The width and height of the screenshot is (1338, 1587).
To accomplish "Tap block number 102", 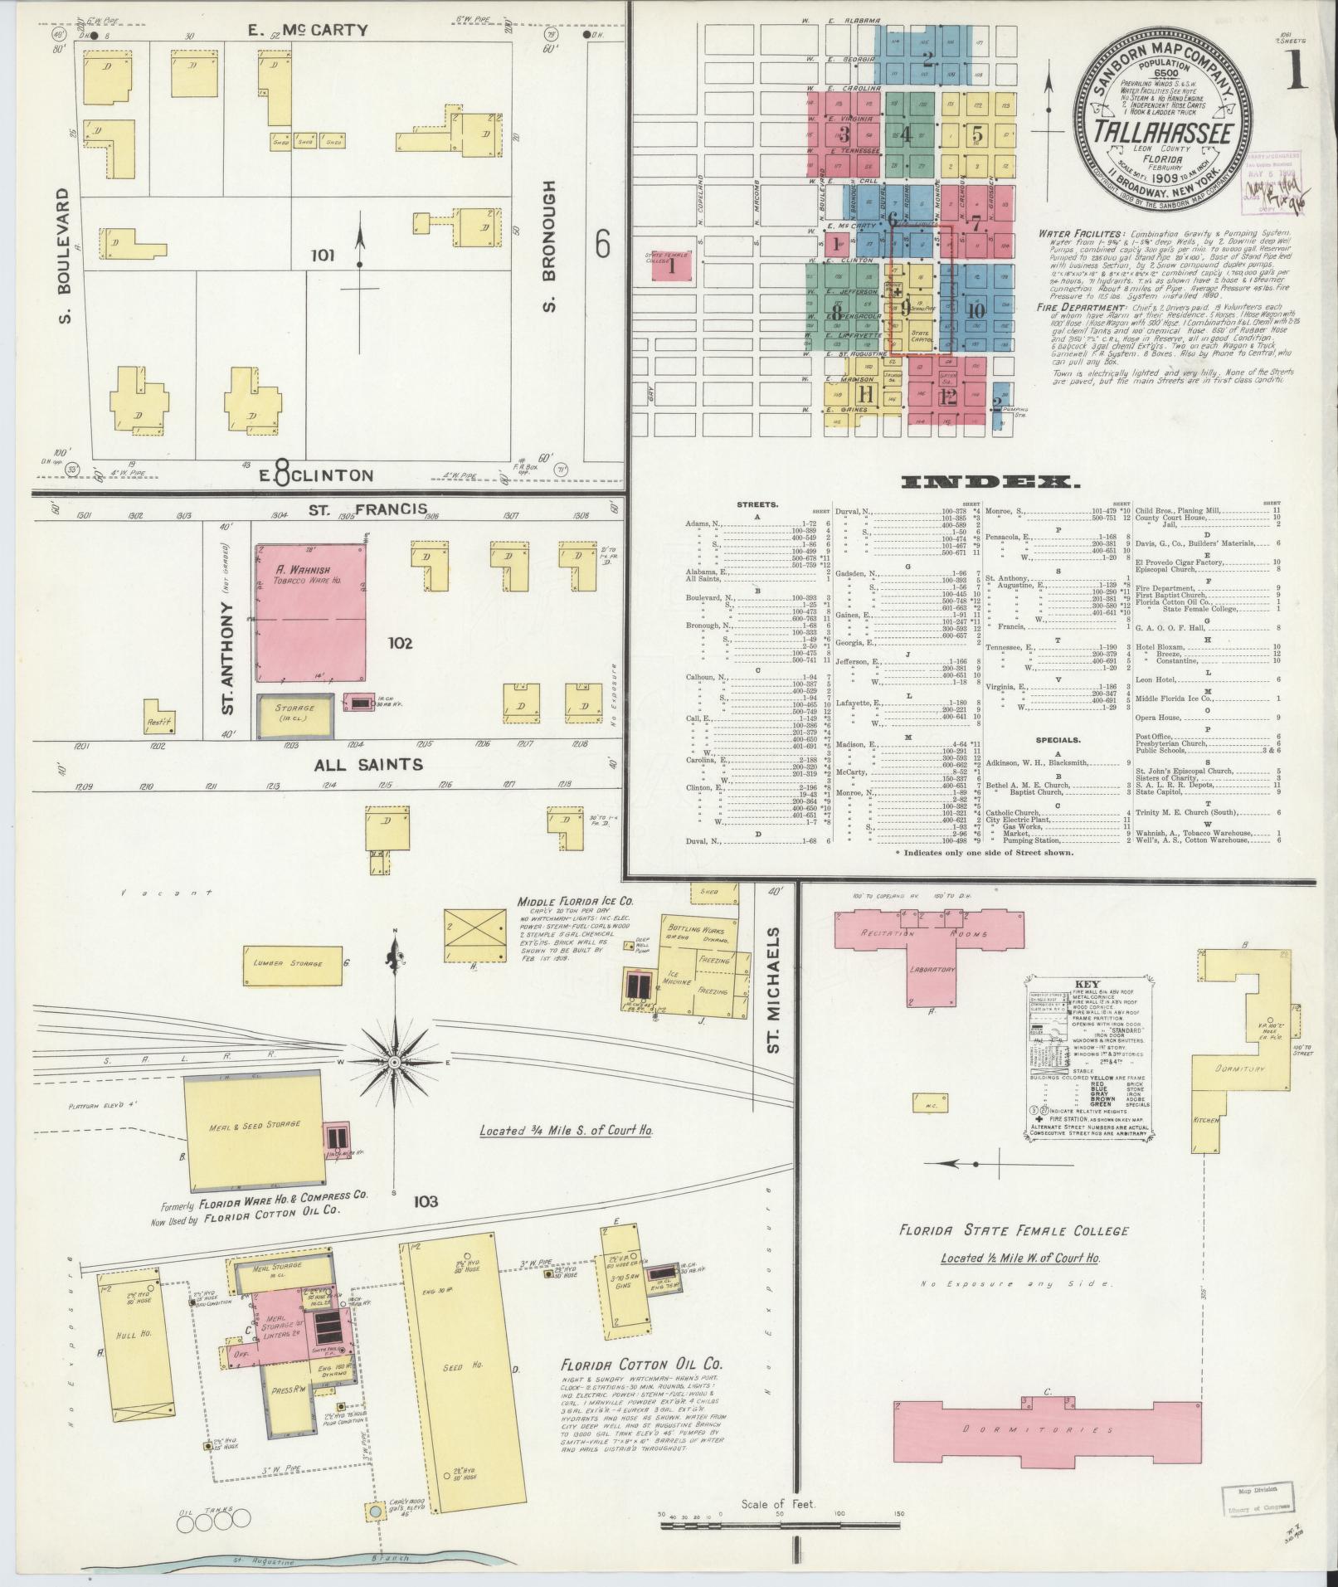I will tap(398, 642).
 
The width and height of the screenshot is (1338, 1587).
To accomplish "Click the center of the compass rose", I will tap(395, 1063).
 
